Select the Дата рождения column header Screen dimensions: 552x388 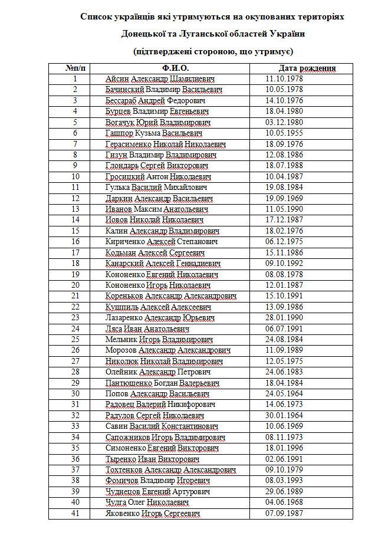pos(307,68)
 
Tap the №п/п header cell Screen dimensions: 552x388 pos(75,68)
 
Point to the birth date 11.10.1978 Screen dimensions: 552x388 pos(285,79)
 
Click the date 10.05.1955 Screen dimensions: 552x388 pos(285,133)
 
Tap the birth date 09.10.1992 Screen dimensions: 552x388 pos(285,264)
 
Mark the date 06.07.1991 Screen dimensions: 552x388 pos(285,329)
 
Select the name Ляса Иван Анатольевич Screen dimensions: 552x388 pos(147,329)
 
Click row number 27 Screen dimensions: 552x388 pos(75,362)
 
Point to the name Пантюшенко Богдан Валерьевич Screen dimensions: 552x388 pos(163,383)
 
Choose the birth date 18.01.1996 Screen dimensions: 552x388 pos(285,448)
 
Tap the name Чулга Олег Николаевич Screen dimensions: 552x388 pos(147,502)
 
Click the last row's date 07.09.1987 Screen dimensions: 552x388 pos(285,514)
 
